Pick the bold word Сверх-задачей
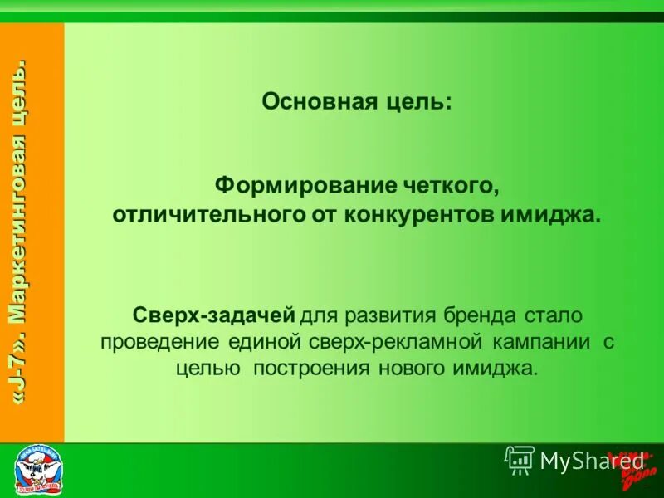pyautogui.click(x=214, y=316)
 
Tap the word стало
pyautogui.click(x=554, y=316)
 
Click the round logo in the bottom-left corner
pyautogui.click(x=39, y=470)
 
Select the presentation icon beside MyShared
pyautogui.click(x=519, y=460)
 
